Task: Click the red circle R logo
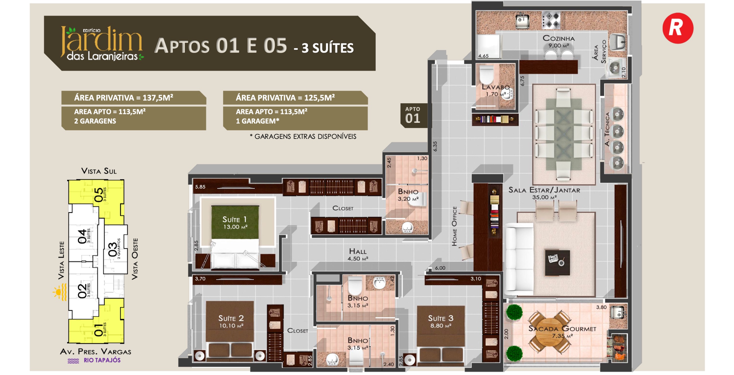point(678,28)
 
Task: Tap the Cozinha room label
point(558,38)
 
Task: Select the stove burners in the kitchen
point(551,20)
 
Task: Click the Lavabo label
point(495,87)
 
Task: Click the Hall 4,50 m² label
point(358,254)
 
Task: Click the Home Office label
point(454,226)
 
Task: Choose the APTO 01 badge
point(413,115)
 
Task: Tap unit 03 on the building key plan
point(114,249)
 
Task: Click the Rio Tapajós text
point(102,360)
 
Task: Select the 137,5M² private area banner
point(134,98)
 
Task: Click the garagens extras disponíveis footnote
point(303,136)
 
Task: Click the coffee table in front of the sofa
point(557,263)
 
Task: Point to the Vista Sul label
point(99,171)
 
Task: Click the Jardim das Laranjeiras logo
point(102,43)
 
